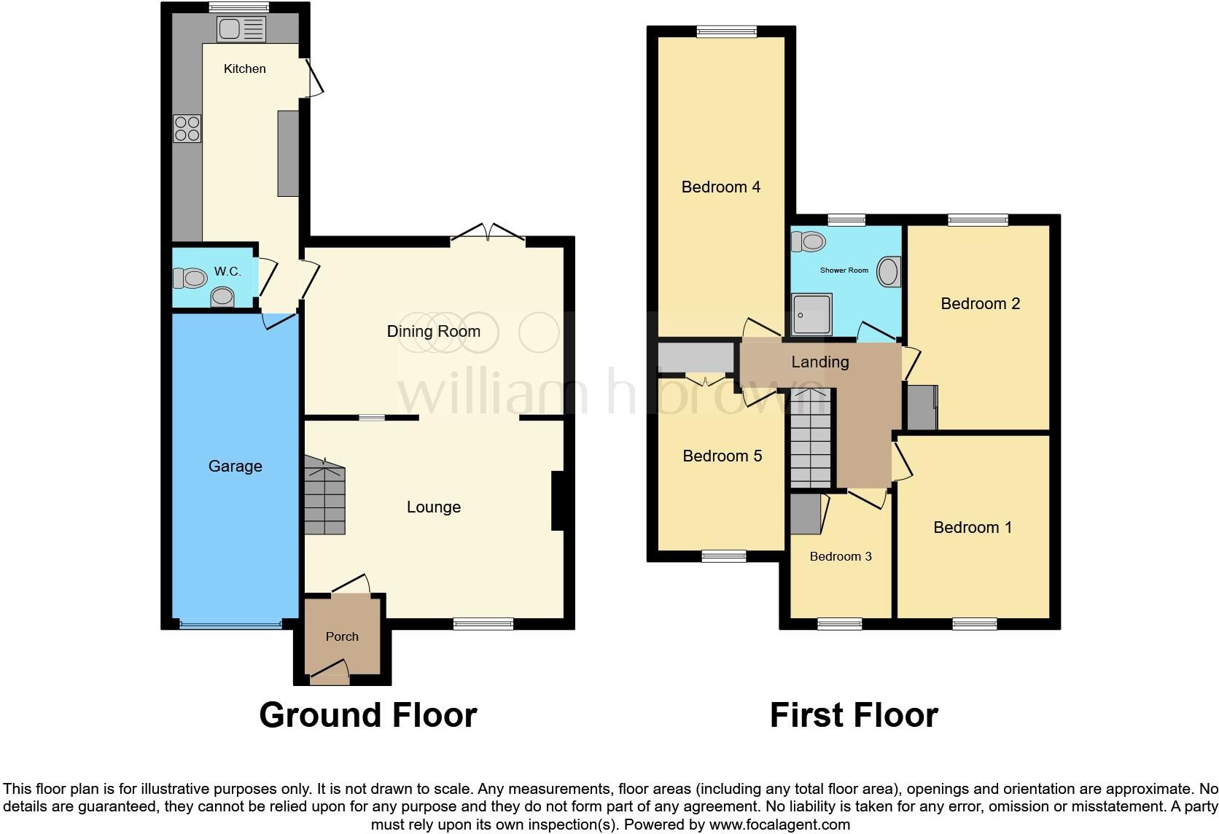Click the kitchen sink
pyautogui.click(x=241, y=30)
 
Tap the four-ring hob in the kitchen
pyautogui.click(x=187, y=129)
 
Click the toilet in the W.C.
pyautogui.click(x=190, y=278)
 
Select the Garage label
pyautogui.click(x=235, y=467)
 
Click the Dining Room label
pyautogui.click(x=433, y=332)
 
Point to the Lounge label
pyautogui.click(x=433, y=507)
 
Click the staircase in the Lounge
pyautogui.click(x=324, y=496)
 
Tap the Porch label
pyautogui.click(x=342, y=636)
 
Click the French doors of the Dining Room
pyautogui.click(x=488, y=232)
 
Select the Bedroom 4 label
pyautogui.click(x=720, y=187)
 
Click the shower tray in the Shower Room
pyautogui.click(x=811, y=314)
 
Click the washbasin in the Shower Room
pyautogui.click(x=889, y=272)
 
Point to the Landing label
pyautogui.click(x=819, y=362)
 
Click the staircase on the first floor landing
pyautogui.click(x=811, y=440)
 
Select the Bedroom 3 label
pyautogui.click(x=840, y=557)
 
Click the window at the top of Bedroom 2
pyautogui.click(x=978, y=219)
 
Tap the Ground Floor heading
pyautogui.click(x=367, y=715)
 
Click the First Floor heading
pyautogui.click(x=853, y=715)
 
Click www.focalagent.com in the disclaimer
pyautogui.click(x=779, y=825)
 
